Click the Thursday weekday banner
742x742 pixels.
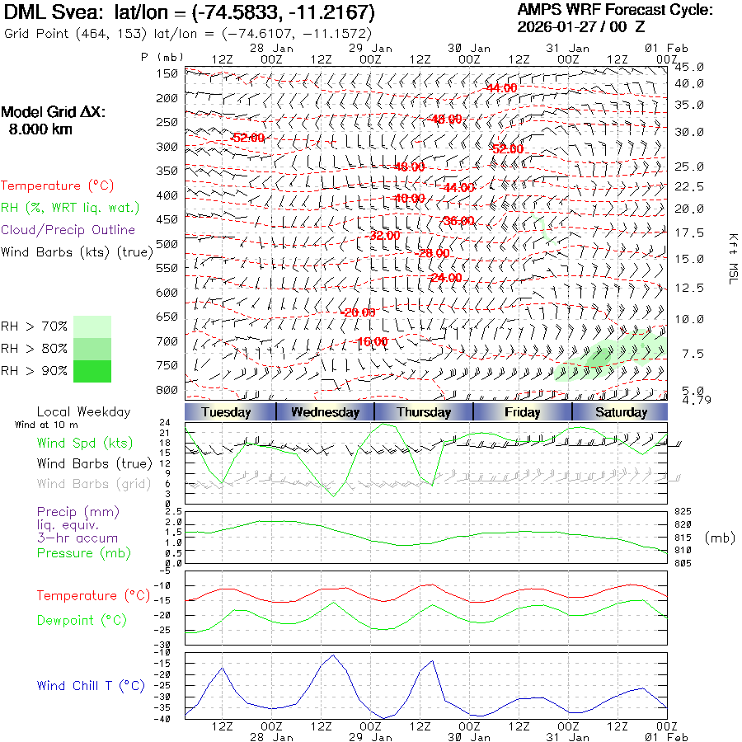click(x=424, y=412)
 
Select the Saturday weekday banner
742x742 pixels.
click(x=620, y=412)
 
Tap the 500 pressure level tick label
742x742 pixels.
click(x=167, y=244)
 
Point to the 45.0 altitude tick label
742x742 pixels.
click(x=689, y=67)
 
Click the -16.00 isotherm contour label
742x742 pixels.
click(x=372, y=341)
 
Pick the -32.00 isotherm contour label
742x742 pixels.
click(x=383, y=235)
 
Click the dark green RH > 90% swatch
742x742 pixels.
click(x=92, y=371)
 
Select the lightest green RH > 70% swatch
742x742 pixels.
click(x=92, y=326)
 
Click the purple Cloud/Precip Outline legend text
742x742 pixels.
click(x=68, y=230)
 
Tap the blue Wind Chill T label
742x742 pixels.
click(x=91, y=686)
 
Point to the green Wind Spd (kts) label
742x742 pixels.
click(x=84, y=444)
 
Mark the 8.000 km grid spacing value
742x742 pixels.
click(x=40, y=129)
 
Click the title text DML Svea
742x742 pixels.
click(x=46, y=13)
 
